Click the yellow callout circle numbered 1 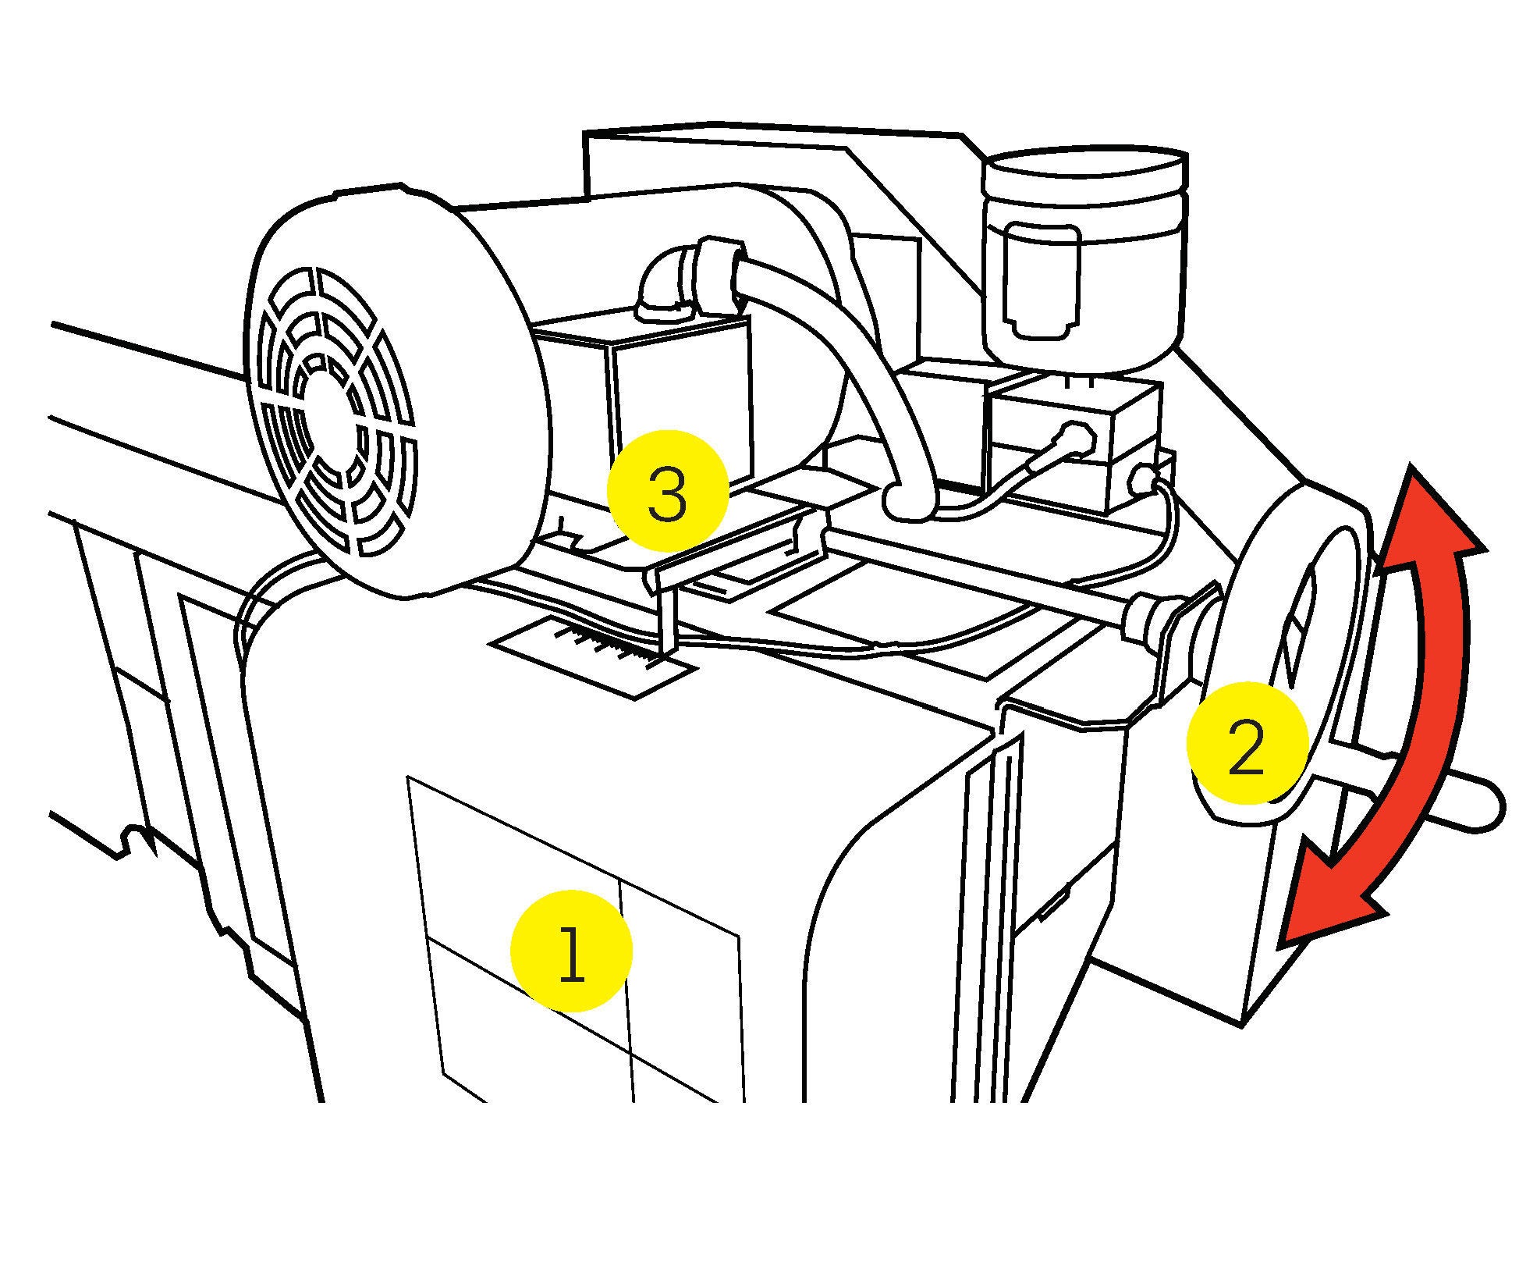570,951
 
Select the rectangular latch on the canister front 1042,281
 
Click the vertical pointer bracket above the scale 667,617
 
